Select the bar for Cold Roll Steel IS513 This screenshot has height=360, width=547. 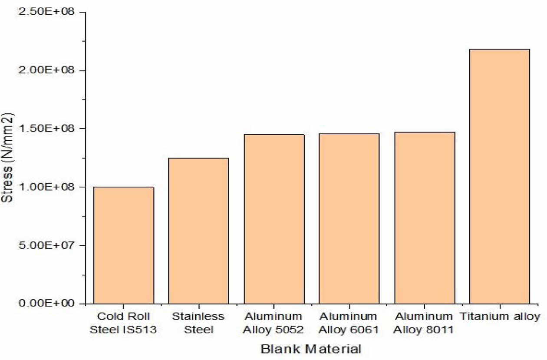tap(124, 245)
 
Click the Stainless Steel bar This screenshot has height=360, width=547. tap(198, 231)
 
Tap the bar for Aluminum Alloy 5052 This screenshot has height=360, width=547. tap(274, 219)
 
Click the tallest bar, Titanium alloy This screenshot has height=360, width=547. tap(500, 176)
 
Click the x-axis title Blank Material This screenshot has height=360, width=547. tap(311, 349)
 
